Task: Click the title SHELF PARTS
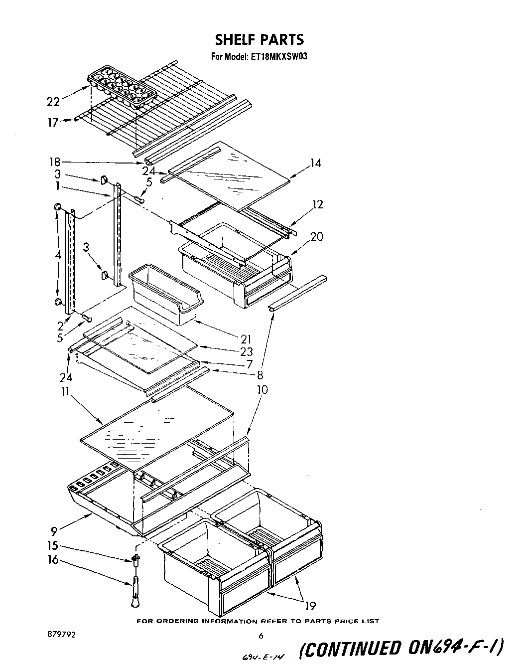(x=259, y=39)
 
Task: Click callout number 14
(x=315, y=163)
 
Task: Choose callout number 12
(x=317, y=204)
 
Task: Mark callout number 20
(x=316, y=236)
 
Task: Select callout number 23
(x=246, y=351)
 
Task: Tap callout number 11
(x=64, y=391)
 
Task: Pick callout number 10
(x=262, y=389)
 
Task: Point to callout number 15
(x=53, y=546)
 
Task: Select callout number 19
(x=310, y=606)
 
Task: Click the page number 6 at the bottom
(x=261, y=636)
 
